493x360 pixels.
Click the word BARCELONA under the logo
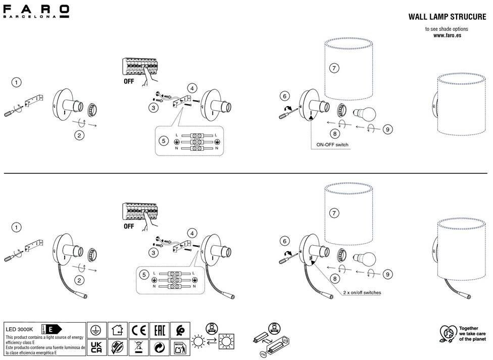[36, 17]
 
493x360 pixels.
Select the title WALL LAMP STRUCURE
[447, 17]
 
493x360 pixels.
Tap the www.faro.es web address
[447, 35]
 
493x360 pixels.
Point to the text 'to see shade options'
[447, 29]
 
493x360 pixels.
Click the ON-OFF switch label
[332, 145]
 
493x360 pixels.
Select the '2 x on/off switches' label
[362, 292]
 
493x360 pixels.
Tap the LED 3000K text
[20, 329]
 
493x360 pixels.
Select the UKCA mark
[96, 347]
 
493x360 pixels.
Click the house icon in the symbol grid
[117, 331]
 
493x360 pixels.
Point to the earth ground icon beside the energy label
[96, 331]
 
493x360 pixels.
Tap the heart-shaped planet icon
[447, 334]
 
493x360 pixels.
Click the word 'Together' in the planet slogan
[468, 328]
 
